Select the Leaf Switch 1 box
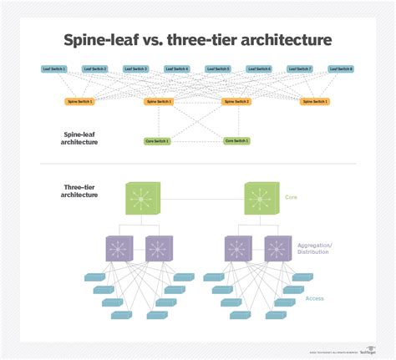[x=54, y=68]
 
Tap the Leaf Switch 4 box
[x=177, y=68]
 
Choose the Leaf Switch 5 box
[x=218, y=68]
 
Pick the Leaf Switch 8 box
[x=341, y=68]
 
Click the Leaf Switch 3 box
[x=136, y=68]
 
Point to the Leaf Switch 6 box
[x=259, y=68]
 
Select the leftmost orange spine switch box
[x=80, y=102]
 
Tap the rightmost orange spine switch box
[x=316, y=102]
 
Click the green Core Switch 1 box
[x=157, y=141]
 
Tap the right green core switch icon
[x=261, y=200]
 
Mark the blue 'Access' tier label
[x=316, y=298]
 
